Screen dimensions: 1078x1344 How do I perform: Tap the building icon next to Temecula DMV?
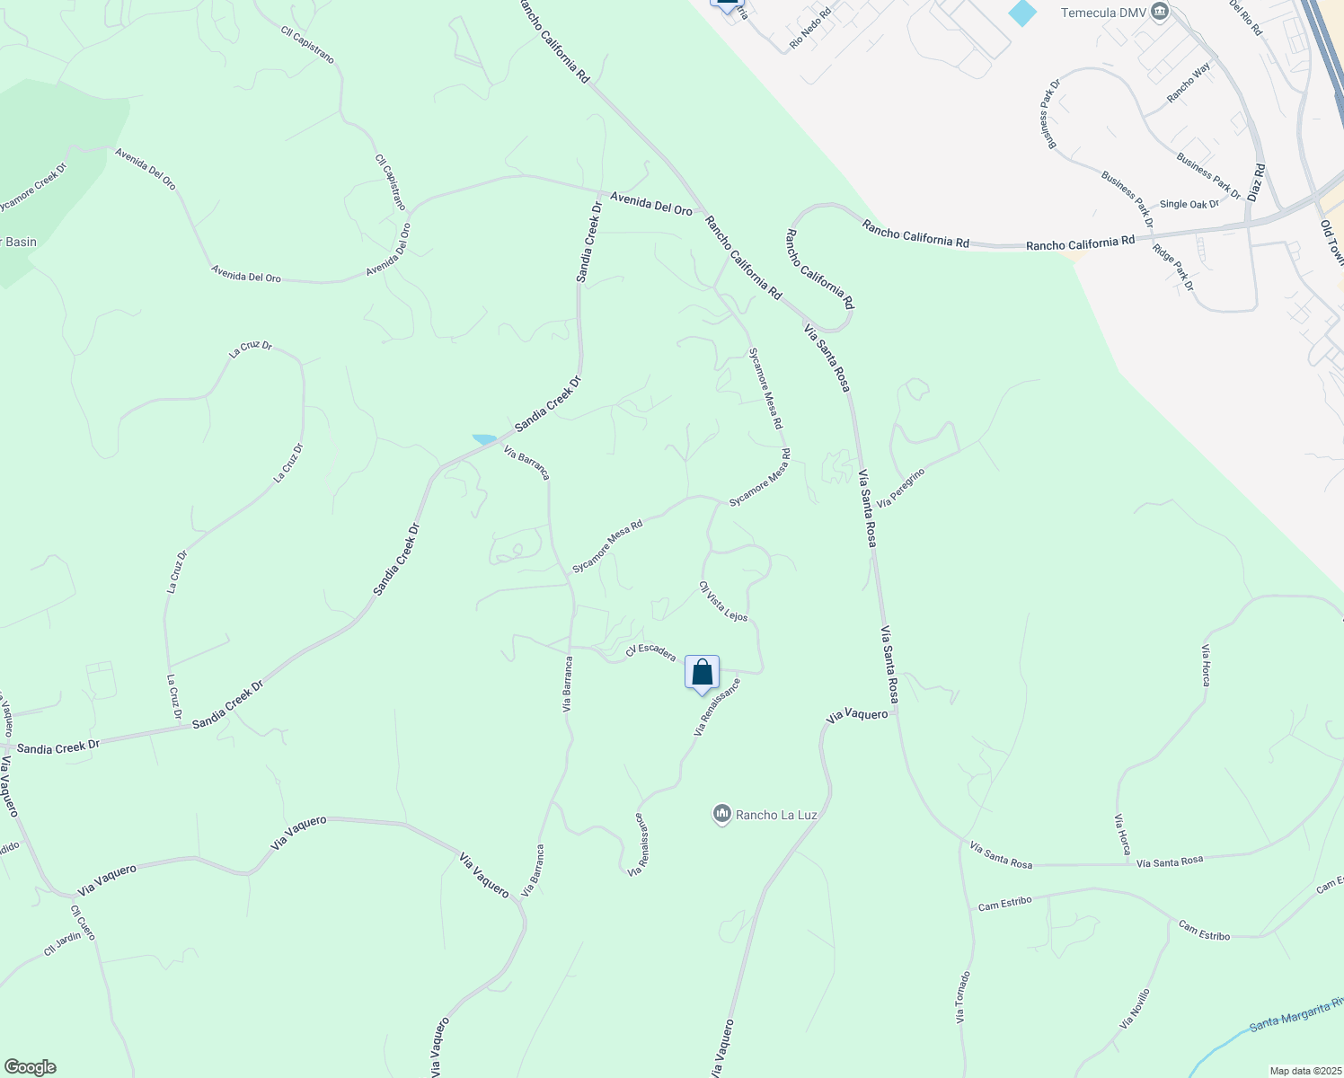pyautogui.click(x=1160, y=12)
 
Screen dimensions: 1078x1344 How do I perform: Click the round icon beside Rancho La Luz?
pyautogui.click(x=721, y=814)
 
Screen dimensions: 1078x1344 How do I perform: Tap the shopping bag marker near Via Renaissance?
pyautogui.click(x=702, y=673)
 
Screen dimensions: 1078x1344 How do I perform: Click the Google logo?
pyautogui.click(x=30, y=1067)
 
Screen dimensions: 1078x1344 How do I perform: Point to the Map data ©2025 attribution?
pyautogui.click(x=1304, y=1071)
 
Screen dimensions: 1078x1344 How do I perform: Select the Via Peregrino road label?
pyautogui.click(x=900, y=487)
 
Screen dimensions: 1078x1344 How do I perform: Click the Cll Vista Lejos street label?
pyautogui.click(x=723, y=601)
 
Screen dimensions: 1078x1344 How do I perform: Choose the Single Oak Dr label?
pyautogui.click(x=1189, y=205)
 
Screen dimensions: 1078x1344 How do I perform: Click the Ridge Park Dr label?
pyautogui.click(x=1173, y=267)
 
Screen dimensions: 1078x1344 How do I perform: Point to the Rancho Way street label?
pyautogui.click(x=1189, y=83)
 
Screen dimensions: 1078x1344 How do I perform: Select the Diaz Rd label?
pyautogui.click(x=1256, y=182)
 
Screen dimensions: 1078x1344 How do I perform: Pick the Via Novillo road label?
pyautogui.click(x=1135, y=1009)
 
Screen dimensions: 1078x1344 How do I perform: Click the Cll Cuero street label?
pyautogui.click(x=83, y=923)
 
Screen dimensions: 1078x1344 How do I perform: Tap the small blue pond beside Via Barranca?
pyautogui.click(x=484, y=439)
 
